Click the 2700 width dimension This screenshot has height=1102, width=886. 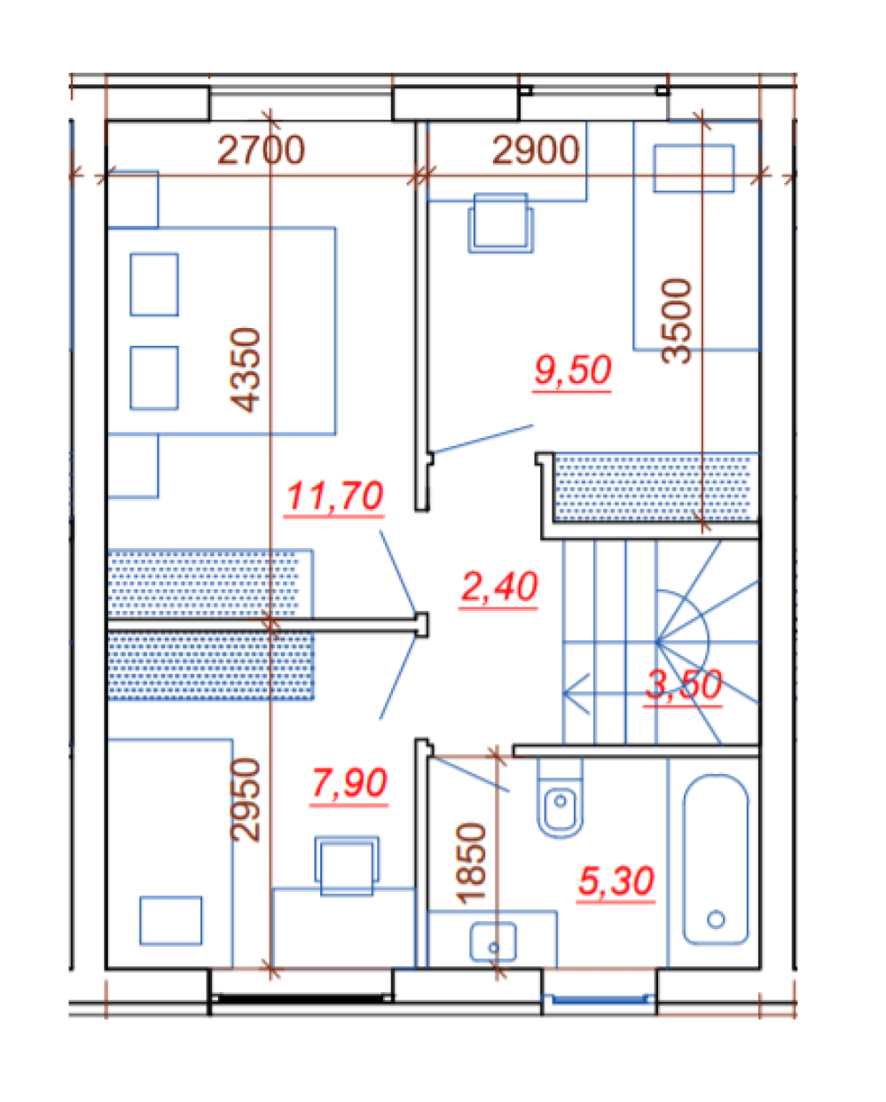coord(261,150)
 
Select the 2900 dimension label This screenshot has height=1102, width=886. coord(536,150)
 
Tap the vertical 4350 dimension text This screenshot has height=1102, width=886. coord(246,370)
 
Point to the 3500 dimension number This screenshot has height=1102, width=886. coord(677,321)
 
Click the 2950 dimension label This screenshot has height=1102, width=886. coord(246,800)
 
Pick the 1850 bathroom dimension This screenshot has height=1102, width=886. coord(470,864)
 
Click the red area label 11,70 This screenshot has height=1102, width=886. coord(334,496)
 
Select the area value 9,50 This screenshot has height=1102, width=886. coord(572,370)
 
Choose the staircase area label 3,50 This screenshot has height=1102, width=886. coord(683,684)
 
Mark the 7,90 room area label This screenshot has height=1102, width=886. coord(349,782)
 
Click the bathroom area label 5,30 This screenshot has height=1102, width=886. coord(616,879)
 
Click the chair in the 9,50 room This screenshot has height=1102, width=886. coord(501,223)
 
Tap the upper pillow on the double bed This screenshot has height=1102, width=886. coord(154,285)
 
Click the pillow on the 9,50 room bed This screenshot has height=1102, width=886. coord(694,168)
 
